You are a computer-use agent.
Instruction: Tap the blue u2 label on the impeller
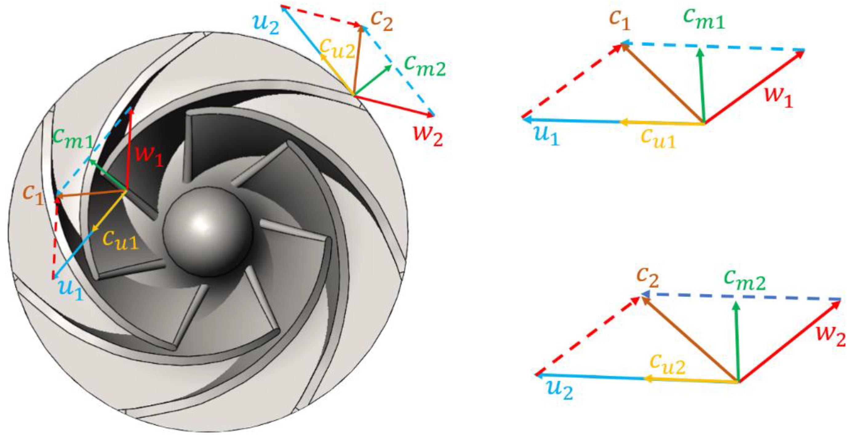[x=265, y=24]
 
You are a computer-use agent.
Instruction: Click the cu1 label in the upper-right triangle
[x=658, y=137]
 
